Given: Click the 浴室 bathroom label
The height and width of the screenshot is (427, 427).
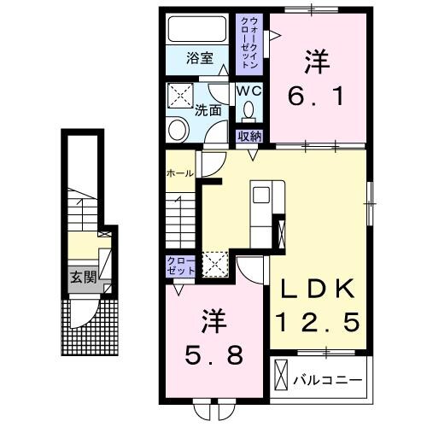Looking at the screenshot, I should (201, 59).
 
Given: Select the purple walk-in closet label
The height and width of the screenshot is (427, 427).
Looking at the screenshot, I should (250, 43).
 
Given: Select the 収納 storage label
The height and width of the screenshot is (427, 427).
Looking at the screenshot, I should (249, 135).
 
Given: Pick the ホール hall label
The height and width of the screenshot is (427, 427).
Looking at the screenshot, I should (178, 173).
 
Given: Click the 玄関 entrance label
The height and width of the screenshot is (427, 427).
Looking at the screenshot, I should (82, 276).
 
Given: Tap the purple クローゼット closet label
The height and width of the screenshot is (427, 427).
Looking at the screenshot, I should (181, 265).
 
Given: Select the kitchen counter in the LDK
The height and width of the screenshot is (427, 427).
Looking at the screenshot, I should (260, 209).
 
